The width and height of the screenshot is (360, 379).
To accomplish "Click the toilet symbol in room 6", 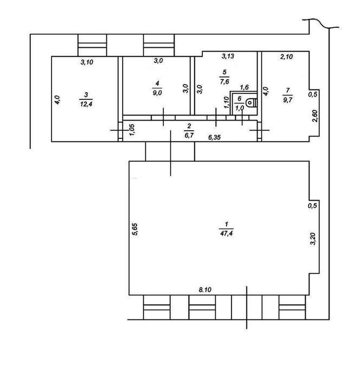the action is pyautogui.click(x=252, y=103).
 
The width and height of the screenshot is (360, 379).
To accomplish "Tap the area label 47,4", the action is pyautogui.click(x=226, y=233).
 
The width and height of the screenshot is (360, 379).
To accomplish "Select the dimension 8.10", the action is pyautogui.click(x=205, y=290).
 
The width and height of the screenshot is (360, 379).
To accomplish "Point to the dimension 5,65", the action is pyautogui.click(x=135, y=229).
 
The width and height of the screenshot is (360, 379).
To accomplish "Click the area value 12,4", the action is pyautogui.click(x=86, y=104).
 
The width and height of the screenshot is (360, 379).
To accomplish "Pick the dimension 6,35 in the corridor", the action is pyautogui.click(x=215, y=137).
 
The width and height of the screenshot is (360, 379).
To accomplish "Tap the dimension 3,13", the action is pyautogui.click(x=228, y=56).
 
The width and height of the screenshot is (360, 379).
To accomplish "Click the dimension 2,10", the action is pyautogui.click(x=286, y=56).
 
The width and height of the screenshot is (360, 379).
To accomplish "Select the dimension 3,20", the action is pyautogui.click(x=313, y=239).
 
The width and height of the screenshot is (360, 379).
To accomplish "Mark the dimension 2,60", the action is pyautogui.click(x=315, y=116).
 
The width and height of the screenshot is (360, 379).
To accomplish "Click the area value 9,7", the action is pyautogui.click(x=287, y=100).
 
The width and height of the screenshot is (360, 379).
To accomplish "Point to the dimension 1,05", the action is pyautogui.click(x=132, y=130).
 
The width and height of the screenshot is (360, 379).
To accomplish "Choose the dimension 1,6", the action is pyautogui.click(x=245, y=87).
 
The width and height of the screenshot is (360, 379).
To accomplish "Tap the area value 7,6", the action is pyautogui.click(x=224, y=81).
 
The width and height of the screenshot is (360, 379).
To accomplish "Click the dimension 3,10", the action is pyautogui.click(x=87, y=62).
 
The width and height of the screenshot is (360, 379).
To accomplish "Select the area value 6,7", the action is pyautogui.click(x=189, y=135).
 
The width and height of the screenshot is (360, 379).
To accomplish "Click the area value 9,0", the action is pyautogui.click(x=157, y=93).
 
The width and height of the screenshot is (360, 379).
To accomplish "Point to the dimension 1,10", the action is pyautogui.click(x=226, y=102).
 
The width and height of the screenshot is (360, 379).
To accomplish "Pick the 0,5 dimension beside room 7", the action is pyautogui.click(x=312, y=94).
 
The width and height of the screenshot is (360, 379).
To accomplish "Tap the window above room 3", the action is pyautogui.click(x=92, y=45).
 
